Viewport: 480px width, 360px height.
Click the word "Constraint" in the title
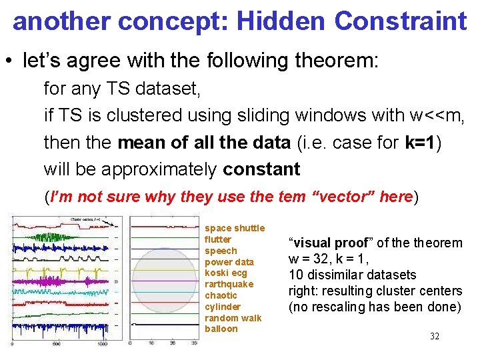coord(400,21)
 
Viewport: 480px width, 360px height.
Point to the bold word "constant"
coord(261,169)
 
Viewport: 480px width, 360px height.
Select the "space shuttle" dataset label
coord(234,228)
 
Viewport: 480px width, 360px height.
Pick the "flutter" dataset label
coord(218,239)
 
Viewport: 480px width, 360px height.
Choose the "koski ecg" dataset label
coord(225,273)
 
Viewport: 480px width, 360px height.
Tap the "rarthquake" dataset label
coord(229,284)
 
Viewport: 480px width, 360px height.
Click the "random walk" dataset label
coord(233,318)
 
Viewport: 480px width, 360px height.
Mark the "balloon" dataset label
coord(221,329)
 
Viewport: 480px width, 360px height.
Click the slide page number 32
coord(434,336)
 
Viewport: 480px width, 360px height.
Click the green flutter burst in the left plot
coord(50,236)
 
